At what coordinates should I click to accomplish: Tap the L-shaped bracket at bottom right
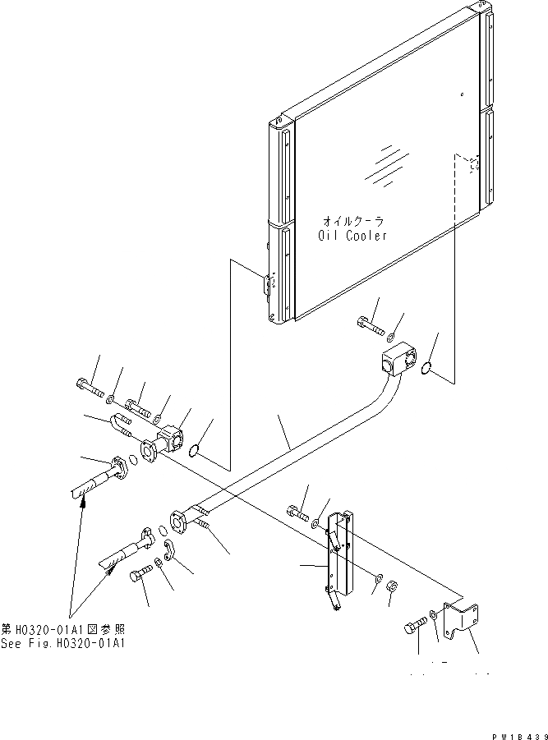(459, 617)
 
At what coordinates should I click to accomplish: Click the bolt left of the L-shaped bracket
(414, 630)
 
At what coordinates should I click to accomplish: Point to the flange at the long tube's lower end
(179, 523)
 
